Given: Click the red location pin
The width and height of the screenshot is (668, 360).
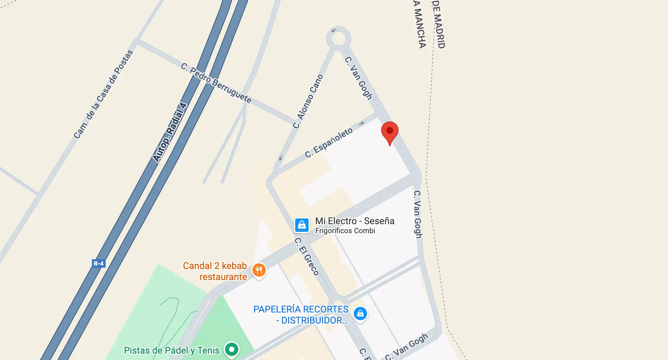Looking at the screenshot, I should [x=389, y=131].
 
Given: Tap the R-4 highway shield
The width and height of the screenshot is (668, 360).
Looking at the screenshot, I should [x=99, y=263].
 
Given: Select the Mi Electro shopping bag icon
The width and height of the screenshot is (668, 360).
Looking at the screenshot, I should [x=302, y=225].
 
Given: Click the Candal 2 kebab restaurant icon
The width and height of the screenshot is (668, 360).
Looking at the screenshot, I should [x=259, y=270].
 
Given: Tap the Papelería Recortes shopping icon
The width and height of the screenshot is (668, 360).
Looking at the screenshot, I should [x=360, y=314].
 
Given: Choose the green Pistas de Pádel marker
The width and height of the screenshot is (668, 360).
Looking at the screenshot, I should [x=231, y=349].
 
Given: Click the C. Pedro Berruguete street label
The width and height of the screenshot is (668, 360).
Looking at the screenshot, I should [x=216, y=83].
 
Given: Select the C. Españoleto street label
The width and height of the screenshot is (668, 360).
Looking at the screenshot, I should [x=329, y=143].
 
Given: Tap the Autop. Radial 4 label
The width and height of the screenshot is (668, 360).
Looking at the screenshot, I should [x=170, y=132].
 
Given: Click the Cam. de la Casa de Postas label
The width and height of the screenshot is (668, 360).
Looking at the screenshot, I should [x=103, y=94].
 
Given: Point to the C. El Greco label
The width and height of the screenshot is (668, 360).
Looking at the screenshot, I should [x=307, y=256].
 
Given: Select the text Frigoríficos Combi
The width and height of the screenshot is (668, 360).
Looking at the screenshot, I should [x=345, y=231].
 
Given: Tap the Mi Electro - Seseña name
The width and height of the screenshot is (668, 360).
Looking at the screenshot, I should [x=355, y=221].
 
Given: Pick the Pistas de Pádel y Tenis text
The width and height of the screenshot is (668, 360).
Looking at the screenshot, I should [x=172, y=350].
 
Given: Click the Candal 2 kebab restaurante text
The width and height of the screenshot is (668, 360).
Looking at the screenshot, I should [x=215, y=271].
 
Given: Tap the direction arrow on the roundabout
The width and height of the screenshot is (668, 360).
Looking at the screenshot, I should [x=333, y=30].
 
